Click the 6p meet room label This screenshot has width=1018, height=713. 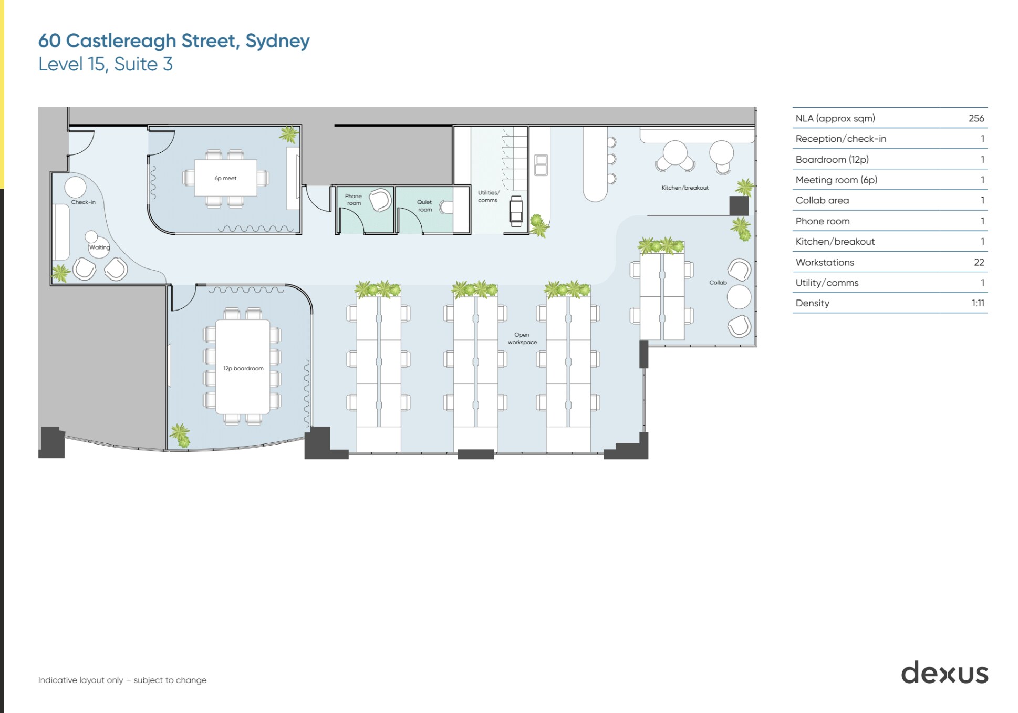tap(225, 179)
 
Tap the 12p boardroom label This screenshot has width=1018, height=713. tap(243, 369)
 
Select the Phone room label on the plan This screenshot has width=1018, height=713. tap(354, 200)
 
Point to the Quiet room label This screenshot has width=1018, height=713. tap(424, 205)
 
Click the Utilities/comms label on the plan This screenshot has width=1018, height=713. tap(488, 197)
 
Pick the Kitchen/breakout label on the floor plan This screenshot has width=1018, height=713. tap(684, 188)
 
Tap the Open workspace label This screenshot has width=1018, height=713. tap(522, 338)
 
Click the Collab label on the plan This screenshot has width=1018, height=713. tap(718, 283)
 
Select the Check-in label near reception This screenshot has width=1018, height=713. tap(83, 202)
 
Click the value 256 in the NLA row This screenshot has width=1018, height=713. tap(976, 118)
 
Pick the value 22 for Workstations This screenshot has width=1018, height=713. tap(979, 262)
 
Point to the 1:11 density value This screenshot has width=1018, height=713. tap(978, 303)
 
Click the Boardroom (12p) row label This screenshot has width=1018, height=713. tap(832, 159)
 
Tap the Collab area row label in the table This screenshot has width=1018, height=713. tap(822, 200)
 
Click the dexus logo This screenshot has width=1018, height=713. tap(944, 673)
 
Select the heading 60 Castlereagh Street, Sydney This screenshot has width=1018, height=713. tap(174, 40)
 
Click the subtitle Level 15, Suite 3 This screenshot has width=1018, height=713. tap(105, 64)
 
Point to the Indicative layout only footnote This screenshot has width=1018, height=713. tap(122, 680)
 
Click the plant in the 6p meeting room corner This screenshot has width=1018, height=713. tap(289, 135)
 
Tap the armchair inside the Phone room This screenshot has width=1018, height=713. tap(380, 200)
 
